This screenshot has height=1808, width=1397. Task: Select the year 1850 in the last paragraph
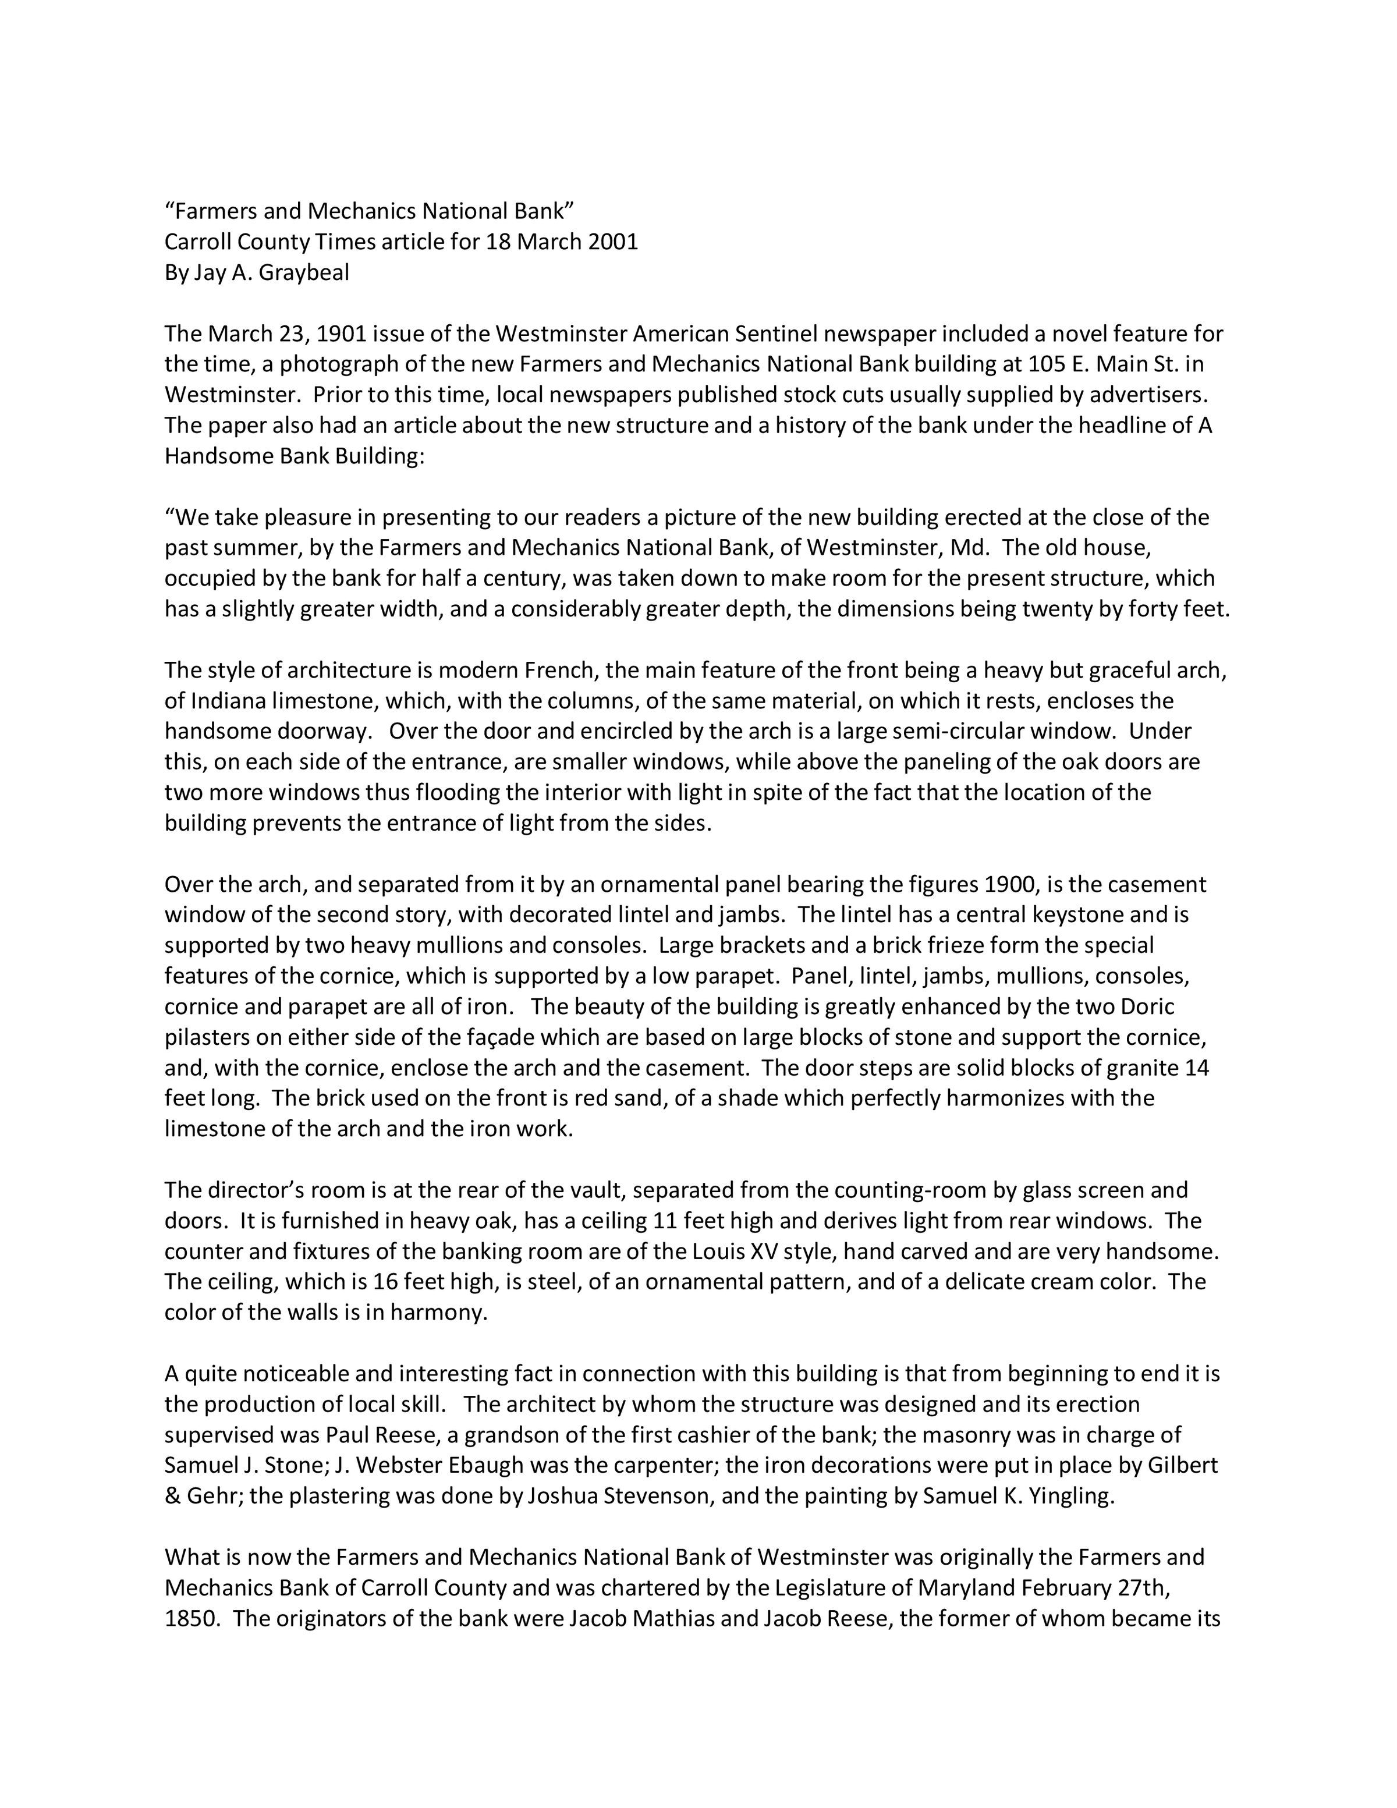pyautogui.click(x=190, y=1619)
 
